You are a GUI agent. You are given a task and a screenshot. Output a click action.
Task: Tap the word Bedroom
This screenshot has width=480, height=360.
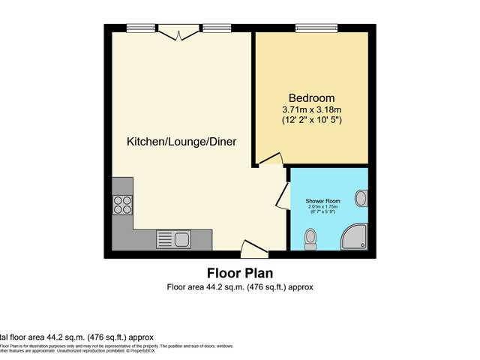pyautogui.click(x=311, y=98)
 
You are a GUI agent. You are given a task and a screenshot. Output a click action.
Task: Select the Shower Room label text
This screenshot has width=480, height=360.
pyautogui.click(x=322, y=202)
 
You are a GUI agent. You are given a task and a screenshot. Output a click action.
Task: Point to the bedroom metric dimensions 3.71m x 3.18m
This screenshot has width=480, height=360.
pyautogui.click(x=311, y=109)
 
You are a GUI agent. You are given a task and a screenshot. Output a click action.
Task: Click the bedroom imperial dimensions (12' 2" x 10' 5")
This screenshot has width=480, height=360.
pyautogui.click(x=311, y=120)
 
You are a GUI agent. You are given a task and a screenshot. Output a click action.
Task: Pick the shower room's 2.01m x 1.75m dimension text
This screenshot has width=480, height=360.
pyautogui.click(x=322, y=208)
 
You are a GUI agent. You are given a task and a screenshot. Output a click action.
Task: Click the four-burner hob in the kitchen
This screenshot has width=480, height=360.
pyautogui.click(x=122, y=204)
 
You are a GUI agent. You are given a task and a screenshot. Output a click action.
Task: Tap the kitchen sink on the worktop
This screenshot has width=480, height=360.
pyautogui.click(x=173, y=240)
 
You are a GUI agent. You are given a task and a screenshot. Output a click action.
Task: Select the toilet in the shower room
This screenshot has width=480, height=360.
pyautogui.click(x=310, y=239)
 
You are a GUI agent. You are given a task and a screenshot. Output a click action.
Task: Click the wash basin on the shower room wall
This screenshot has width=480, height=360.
pyautogui.click(x=361, y=199)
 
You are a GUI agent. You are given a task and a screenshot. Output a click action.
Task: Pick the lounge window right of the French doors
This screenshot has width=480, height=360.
pyautogui.click(x=214, y=28)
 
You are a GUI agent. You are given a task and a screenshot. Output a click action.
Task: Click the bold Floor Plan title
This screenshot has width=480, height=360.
pyautogui.click(x=239, y=273)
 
